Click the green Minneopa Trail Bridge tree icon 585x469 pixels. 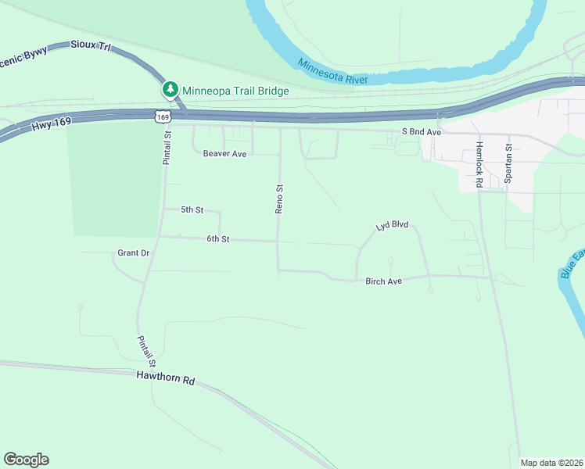170,90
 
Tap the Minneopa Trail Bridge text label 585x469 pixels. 236,91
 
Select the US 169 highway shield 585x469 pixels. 162,116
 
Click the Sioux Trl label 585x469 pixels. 91,47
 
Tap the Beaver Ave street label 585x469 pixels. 224,154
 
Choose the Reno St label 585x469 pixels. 278,199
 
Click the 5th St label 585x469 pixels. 192,210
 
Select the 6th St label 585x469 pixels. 217,239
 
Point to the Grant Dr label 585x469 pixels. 133,253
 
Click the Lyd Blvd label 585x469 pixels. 392,226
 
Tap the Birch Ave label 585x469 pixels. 383,281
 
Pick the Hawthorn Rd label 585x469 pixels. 164,379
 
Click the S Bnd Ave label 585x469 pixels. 422,132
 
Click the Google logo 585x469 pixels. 26,460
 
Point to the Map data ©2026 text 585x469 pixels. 551,463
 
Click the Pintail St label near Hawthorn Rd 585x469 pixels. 147,352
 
